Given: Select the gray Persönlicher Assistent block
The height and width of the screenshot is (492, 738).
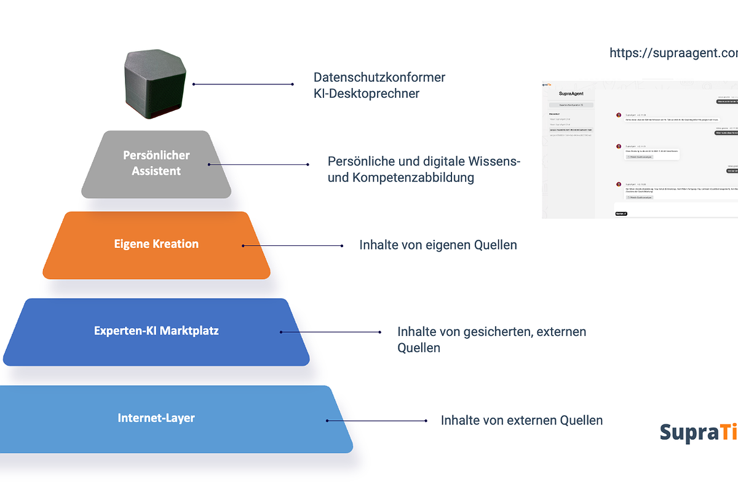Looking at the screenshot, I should click(156, 164).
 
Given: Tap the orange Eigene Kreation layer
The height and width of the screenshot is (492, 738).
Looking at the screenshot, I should click(156, 245).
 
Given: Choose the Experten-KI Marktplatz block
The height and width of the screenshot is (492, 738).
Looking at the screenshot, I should click(156, 331).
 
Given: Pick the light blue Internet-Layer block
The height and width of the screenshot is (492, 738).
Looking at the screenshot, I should click(156, 419).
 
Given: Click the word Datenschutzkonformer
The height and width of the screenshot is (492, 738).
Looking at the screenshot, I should click(379, 77).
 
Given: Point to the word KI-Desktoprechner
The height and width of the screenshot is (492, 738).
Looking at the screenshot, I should click(367, 94).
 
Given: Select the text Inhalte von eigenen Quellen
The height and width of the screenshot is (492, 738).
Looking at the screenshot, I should click(438, 245).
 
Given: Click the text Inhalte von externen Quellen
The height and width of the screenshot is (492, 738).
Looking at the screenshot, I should click(522, 421).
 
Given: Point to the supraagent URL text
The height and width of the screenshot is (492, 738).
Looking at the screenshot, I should click(673, 54).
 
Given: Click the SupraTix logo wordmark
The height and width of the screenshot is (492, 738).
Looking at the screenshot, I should click(698, 432).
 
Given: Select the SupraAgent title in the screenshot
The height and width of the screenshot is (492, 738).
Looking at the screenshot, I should click(571, 93).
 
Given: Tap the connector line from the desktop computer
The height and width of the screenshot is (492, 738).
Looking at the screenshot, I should click(243, 84).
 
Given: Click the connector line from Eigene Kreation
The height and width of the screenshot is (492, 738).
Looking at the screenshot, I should click(293, 245).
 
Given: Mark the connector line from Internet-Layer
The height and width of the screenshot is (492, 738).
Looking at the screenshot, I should click(376, 421).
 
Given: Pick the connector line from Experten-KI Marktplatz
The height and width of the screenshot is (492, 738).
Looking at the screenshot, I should click(331, 332).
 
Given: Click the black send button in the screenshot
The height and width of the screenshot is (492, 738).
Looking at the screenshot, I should click(621, 213).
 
